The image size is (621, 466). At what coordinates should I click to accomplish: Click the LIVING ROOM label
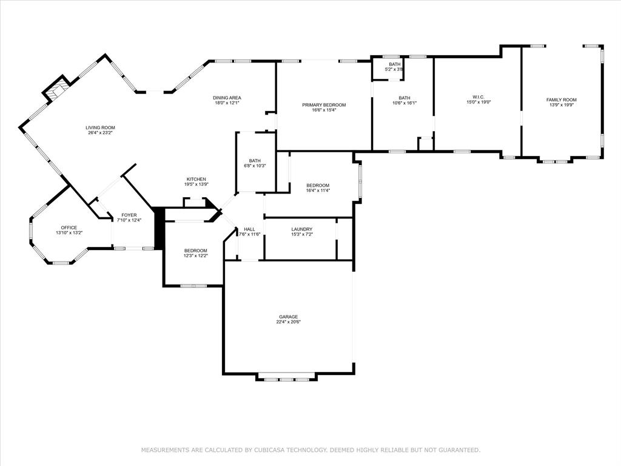[x=100, y=127]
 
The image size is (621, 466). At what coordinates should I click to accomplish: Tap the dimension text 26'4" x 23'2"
[x=100, y=132]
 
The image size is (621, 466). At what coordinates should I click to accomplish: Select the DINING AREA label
[x=227, y=98]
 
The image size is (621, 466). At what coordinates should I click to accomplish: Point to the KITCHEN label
[x=196, y=179]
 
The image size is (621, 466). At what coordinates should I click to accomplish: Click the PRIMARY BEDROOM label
[x=324, y=105]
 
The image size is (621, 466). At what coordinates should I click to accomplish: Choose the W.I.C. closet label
[x=478, y=97]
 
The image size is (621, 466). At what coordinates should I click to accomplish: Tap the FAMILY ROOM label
[x=561, y=100]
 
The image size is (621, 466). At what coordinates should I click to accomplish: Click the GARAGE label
[x=288, y=317]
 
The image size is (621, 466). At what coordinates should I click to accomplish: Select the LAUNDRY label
[x=301, y=229]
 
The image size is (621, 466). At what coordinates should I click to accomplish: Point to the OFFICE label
[x=69, y=228]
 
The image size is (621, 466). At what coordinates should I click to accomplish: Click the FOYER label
[x=129, y=215]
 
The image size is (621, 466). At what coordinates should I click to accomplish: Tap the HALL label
[x=249, y=229]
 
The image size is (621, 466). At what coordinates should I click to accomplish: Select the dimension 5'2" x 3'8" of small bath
[x=394, y=70]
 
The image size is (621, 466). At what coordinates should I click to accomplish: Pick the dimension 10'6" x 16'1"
[x=404, y=103]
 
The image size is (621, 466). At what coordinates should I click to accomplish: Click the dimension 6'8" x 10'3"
[x=255, y=166]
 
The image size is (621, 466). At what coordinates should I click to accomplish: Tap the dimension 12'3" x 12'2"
[x=196, y=255]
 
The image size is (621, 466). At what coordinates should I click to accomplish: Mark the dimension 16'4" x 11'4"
[x=318, y=191]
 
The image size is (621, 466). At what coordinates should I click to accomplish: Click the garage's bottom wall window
[x=286, y=379]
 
